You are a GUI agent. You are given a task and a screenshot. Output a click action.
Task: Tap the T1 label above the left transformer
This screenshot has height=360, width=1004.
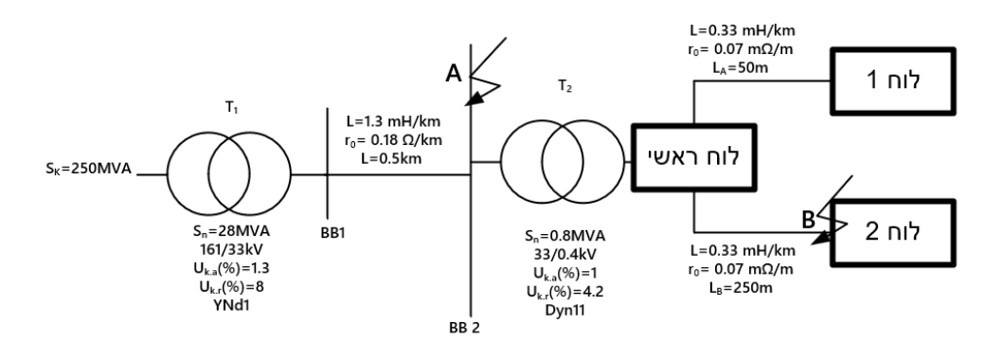(232, 108)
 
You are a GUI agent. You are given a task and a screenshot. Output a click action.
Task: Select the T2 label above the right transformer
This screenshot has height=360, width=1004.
(565, 88)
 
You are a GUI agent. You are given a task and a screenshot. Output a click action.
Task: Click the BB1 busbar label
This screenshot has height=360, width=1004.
(333, 233)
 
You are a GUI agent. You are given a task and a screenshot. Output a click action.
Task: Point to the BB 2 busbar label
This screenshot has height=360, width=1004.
(464, 328)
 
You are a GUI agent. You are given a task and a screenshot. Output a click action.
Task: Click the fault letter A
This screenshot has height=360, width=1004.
(454, 74)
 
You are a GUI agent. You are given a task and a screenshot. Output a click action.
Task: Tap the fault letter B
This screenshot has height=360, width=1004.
(809, 220)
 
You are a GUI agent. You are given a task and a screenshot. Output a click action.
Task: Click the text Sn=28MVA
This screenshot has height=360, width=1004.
(232, 230)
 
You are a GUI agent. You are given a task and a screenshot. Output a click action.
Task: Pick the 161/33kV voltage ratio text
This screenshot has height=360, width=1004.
(232, 249)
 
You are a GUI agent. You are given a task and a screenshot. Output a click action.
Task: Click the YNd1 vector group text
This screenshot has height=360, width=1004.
(232, 305)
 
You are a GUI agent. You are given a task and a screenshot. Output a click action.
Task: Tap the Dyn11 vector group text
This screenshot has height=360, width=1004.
(565, 310)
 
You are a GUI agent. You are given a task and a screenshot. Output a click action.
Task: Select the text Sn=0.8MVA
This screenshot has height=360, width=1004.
(565, 236)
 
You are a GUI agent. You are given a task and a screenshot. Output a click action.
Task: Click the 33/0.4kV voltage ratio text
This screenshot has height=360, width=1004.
(565, 254)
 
